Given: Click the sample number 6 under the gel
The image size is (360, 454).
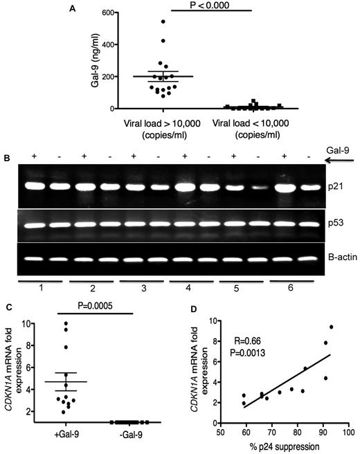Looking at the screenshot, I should [286, 292].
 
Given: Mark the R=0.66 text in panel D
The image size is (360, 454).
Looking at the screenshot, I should [236, 340].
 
